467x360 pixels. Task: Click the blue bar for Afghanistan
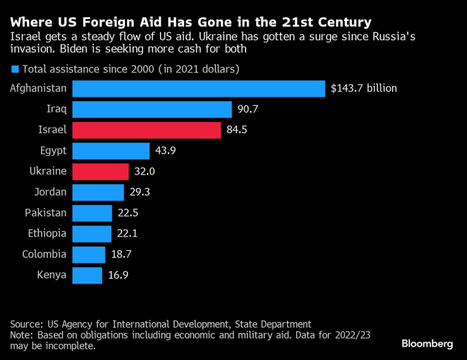(x=199, y=88)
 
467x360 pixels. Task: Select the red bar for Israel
(x=146, y=130)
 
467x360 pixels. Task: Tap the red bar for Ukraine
(x=100, y=171)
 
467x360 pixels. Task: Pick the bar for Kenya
(x=87, y=275)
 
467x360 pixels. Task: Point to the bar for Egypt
(x=111, y=151)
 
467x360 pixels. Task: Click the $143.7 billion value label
(x=364, y=88)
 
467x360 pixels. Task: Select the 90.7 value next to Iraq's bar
(x=248, y=110)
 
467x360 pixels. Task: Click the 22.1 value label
(x=128, y=233)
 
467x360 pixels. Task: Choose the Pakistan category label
(x=45, y=212)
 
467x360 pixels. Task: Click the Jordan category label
(x=50, y=192)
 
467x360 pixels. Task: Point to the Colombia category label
(x=44, y=254)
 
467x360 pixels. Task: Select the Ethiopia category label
(x=47, y=233)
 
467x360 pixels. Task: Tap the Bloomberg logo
(x=427, y=344)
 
